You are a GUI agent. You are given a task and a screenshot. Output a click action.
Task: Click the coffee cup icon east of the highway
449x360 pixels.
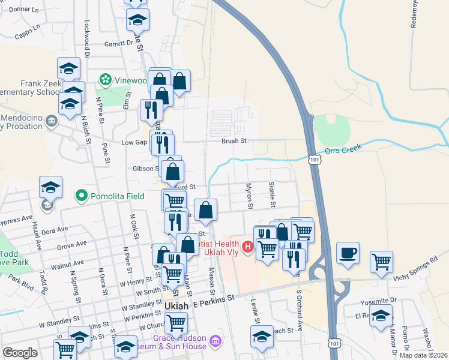click(x=348, y=252)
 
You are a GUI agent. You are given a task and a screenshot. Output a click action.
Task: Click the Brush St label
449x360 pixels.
click(x=234, y=142)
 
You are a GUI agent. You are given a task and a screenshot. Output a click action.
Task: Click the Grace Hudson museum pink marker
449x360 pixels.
click(x=215, y=343)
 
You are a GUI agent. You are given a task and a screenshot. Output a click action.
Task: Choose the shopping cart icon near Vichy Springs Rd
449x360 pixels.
click(x=381, y=261)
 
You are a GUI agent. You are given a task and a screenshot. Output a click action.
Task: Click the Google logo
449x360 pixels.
click(x=20, y=353)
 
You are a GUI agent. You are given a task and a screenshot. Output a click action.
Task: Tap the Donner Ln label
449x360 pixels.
click(x=24, y=10)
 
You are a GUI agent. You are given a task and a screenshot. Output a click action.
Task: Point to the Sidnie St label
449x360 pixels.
click(x=273, y=194)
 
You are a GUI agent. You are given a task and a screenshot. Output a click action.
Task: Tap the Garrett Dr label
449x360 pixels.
click(x=118, y=43)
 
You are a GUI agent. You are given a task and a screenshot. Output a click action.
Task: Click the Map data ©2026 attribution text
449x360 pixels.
click(x=423, y=355)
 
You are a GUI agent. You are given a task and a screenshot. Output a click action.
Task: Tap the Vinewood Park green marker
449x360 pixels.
click(x=106, y=79)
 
